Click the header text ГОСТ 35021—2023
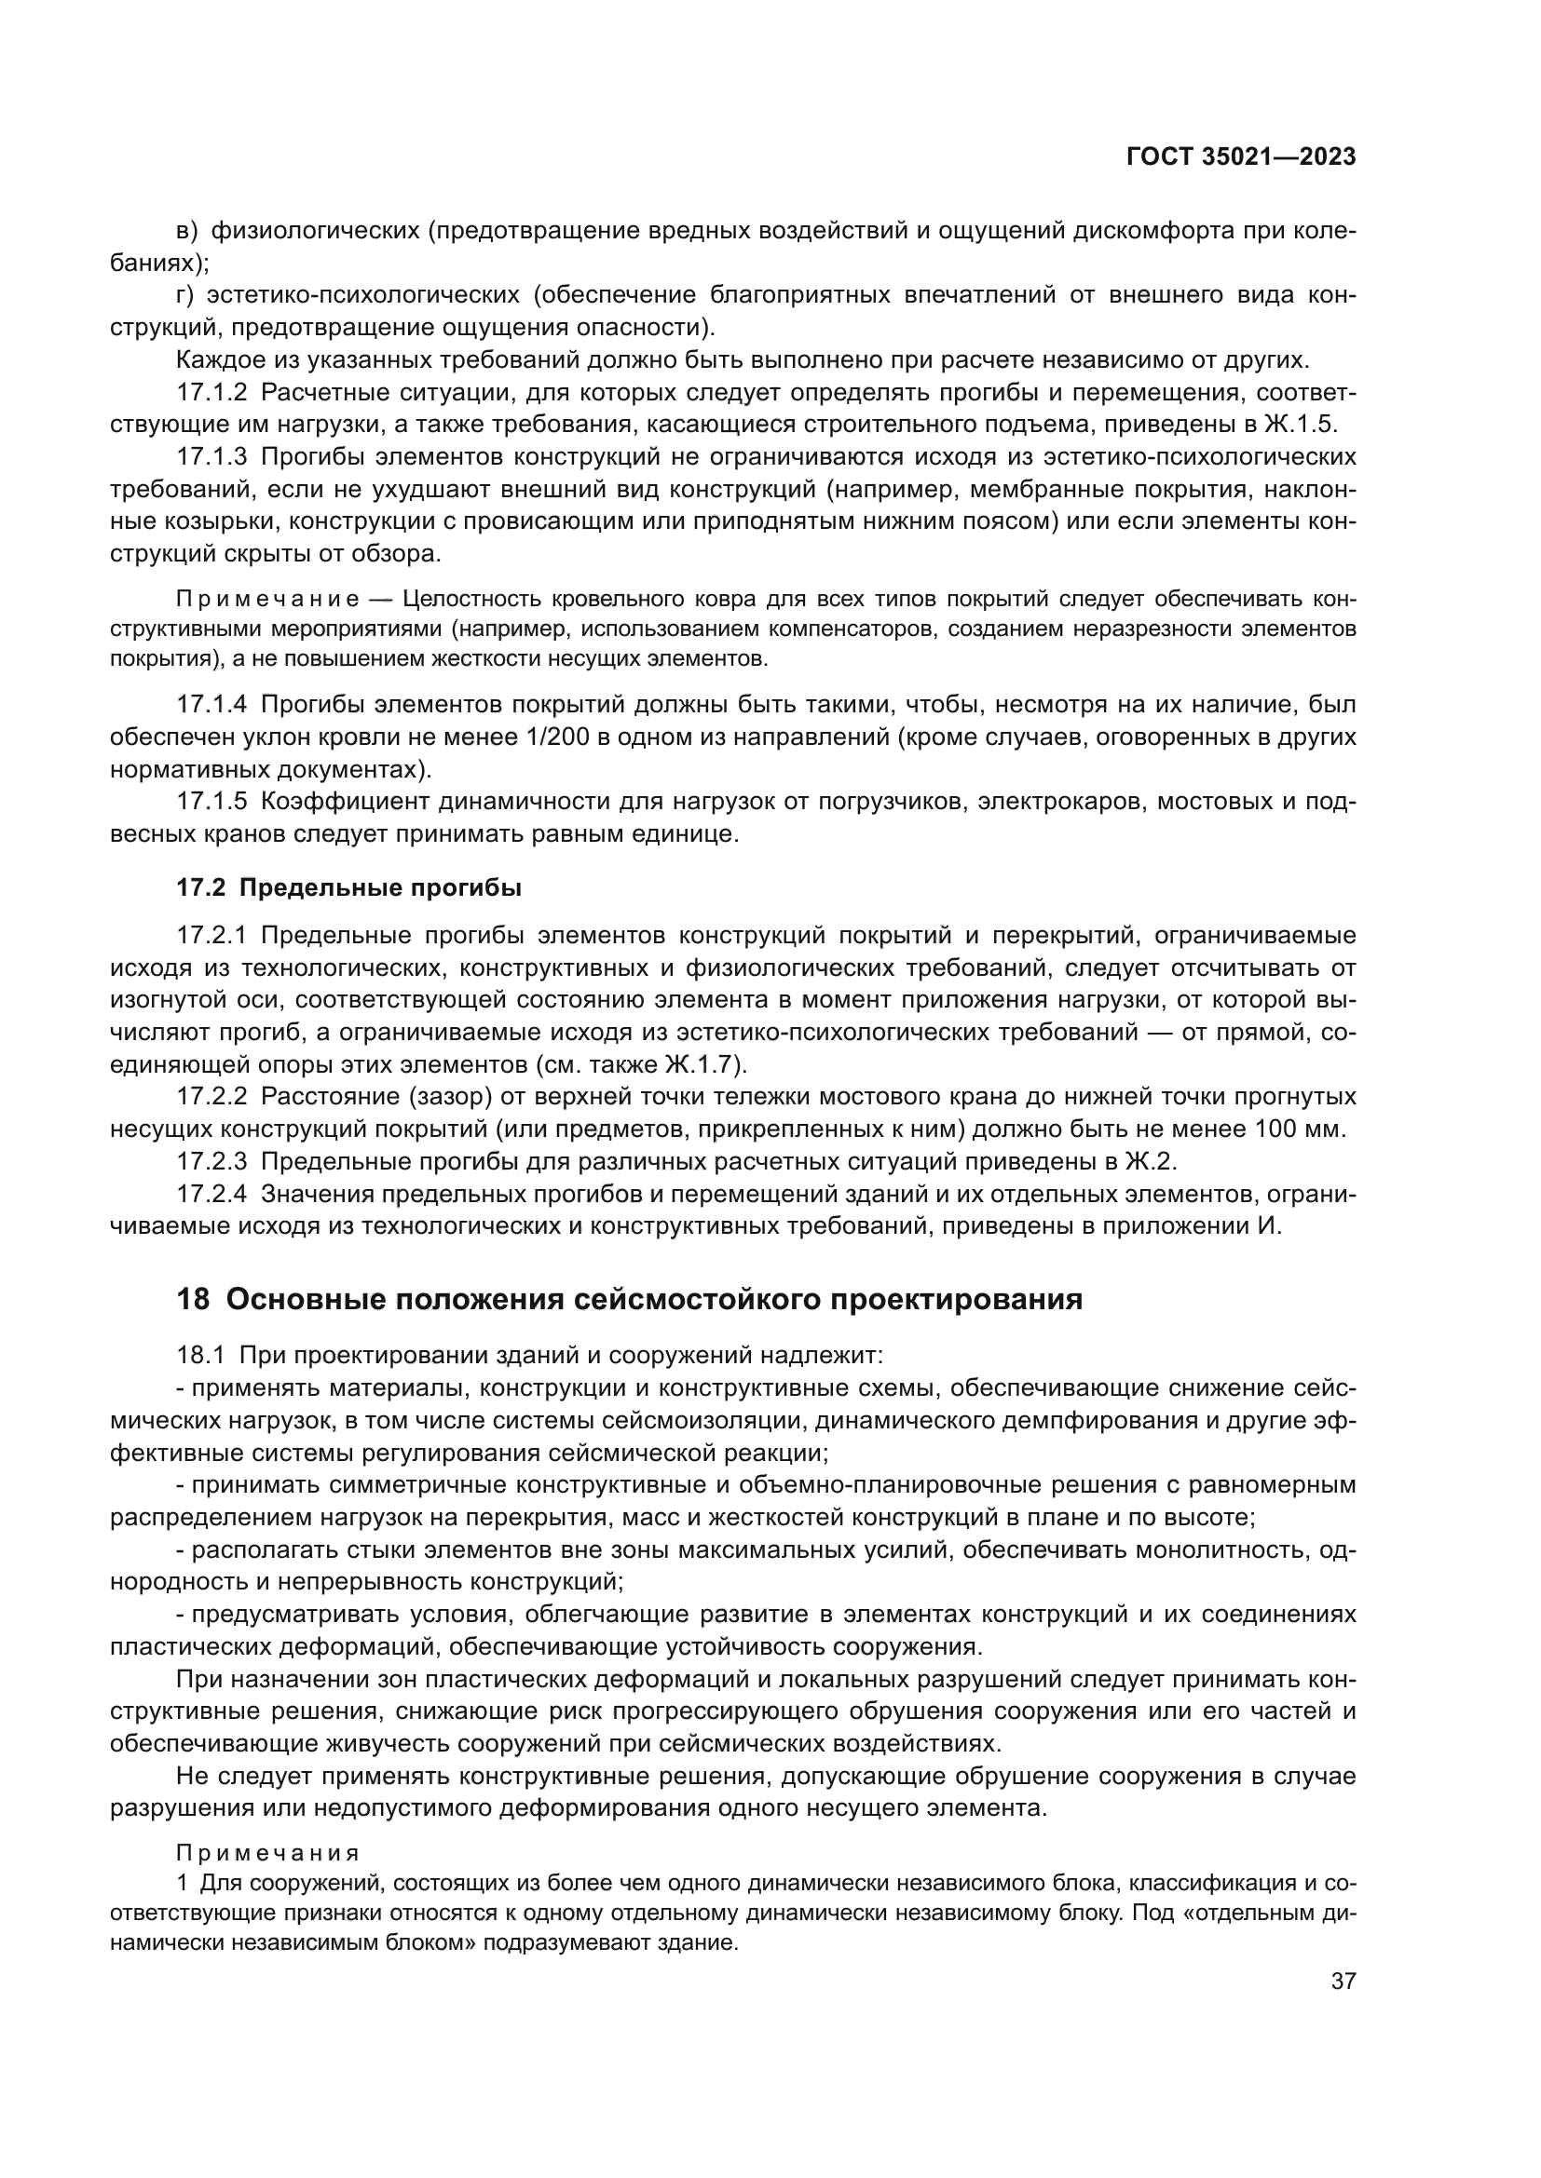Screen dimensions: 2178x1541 1240,157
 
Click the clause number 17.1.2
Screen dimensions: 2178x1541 211,393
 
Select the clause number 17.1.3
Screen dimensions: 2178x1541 211,457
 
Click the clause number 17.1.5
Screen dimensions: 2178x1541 211,802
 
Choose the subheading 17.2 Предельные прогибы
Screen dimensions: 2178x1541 349,888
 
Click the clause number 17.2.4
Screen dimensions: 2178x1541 211,1194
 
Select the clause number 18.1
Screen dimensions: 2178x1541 199,1357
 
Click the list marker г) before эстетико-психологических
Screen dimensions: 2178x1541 185,295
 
